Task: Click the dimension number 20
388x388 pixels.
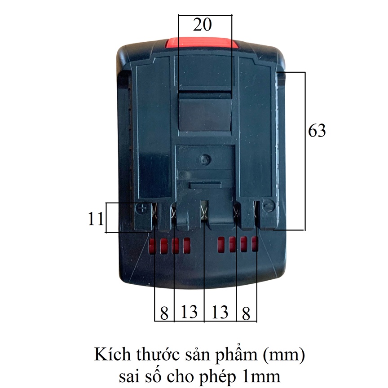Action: (x=202, y=25)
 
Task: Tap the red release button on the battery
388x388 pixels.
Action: (x=203, y=44)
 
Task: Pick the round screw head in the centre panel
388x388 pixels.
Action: (x=205, y=159)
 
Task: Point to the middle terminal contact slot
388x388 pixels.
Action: (x=204, y=212)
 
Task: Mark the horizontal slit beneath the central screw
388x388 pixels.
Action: (x=205, y=185)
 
